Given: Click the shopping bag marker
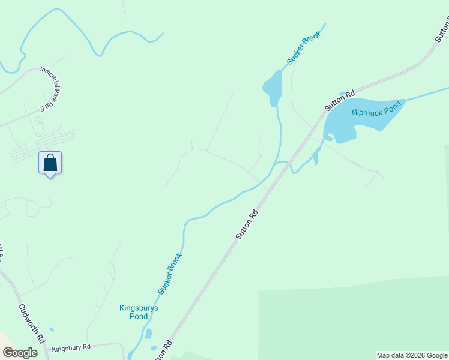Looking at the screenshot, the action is click(x=50, y=163).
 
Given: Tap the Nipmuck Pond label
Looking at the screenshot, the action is click(x=375, y=112).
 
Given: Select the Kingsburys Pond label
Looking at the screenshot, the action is click(x=139, y=312).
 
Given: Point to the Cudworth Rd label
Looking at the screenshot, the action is click(x=32, y=323).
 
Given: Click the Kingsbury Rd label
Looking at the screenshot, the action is click(x=71, y=347).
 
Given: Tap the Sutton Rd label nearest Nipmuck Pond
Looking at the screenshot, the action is click(x=340, y=100).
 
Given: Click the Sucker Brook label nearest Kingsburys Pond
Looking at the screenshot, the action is click(x=170, y=274).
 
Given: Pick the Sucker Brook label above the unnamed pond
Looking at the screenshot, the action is click(x=304, y=47).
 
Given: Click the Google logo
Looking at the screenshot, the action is click(x=20, y=353).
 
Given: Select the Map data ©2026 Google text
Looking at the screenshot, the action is click(x=412, y=355).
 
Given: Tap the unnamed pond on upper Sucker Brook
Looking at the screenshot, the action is click(x=272, y=87).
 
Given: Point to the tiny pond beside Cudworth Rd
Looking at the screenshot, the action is click(x=51, y=329).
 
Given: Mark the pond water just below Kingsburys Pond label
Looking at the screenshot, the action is click(x=149, y=333).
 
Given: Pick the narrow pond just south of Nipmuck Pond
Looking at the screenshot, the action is click(x=316, y=157).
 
